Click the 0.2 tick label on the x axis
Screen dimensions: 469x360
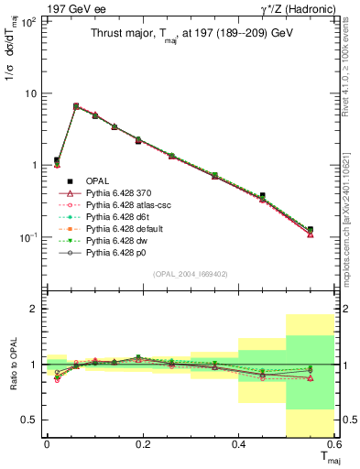click(x=142, y=444)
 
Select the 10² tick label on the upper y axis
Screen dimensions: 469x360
click(x=29, y=22)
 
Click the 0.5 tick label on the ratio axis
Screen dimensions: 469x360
click(x=29, y=420)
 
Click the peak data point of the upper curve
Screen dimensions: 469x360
click(x=75, y=106)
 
